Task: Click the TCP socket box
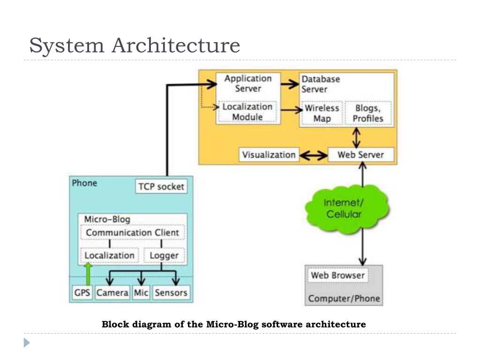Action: pos(161,187)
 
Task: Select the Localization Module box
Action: pos(247,112)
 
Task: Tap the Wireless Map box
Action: pos(322,113)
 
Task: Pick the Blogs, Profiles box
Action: pos(368,113)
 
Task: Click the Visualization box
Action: pos(269,155)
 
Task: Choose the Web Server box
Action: pos(360,155)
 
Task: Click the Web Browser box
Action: pos(337,275)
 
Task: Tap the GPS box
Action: pos(82,293)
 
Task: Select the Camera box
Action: pos(112,293)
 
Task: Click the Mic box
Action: pos(141,293)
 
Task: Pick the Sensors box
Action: pos(171,293)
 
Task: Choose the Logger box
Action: pos(164,255)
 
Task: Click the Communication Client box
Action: pos(132,232)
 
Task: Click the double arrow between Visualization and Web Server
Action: pos(313,155)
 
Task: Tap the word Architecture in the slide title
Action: pos(176,45)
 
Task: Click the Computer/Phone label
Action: pos(344,299)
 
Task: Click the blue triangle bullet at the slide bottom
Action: pos(27,343)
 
